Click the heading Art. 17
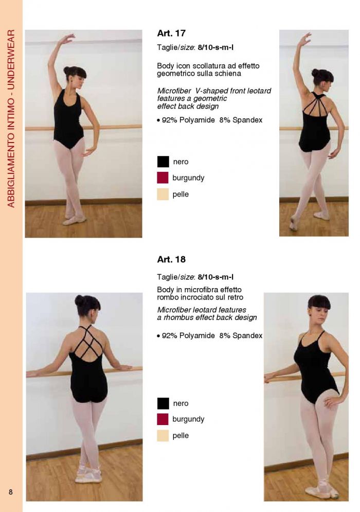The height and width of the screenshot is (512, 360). coord(171,33)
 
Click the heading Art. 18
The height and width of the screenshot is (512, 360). coord(171,259)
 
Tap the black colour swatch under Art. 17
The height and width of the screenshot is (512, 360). coord(163,162)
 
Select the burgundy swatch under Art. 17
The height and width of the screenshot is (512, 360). coord(163,178)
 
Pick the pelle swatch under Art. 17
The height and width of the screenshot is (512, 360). coord(163,194)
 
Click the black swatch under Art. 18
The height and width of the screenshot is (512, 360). coord(163,403)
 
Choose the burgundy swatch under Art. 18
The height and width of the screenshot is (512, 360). coord(163,419)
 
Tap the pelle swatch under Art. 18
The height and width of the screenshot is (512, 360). coord(163,436)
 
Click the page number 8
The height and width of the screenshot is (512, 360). coord(11,492)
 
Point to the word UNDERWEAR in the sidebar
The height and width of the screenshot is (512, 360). coord(11,60)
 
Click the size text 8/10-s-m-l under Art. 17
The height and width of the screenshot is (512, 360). coord(215,47)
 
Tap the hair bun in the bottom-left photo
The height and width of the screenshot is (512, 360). coord(80,301)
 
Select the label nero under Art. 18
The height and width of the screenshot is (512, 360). coord(181,403)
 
